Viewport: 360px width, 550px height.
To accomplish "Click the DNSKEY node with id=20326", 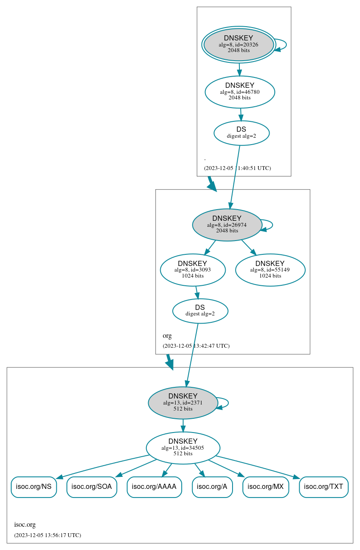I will click(x=239, y=45).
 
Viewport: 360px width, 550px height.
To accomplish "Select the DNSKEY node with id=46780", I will click(x=239, y=92).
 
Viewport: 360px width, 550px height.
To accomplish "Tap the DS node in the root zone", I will click(x=241, y=133).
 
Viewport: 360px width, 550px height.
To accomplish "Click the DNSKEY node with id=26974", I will click(x=227, y=225).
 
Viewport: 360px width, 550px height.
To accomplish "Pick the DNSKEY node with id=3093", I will click(x=192, y=270).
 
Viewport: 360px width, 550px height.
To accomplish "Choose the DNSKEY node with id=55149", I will click(x=270, y=270).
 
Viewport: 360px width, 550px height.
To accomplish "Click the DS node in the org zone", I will click(x=200, y=311).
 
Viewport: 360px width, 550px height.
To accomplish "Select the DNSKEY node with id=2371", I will click(x=183, y=403).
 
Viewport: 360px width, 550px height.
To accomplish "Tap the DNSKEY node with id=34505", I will click(x=183, y=448).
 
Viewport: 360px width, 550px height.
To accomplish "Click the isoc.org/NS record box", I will click(x=34, y=487).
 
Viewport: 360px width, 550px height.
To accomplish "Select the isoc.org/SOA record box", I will click(x=91, y=487).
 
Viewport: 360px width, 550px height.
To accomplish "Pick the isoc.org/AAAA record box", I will click(x=154, y=487).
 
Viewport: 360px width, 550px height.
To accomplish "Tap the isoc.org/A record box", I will click(x=212, y=487).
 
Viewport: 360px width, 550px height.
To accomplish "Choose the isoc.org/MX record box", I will click(x=265, y=487).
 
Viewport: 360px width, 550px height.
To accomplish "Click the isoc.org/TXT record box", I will click(x=323, y=487).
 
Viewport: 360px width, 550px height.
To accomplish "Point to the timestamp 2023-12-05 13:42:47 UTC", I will click(x=196, y=346).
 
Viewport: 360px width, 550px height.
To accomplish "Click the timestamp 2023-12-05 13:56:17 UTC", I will click(x=47, y=535).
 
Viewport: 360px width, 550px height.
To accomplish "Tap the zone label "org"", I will click(x=167, y=336).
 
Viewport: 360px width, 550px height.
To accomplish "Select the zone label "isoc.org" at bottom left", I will click(x=25, y=525).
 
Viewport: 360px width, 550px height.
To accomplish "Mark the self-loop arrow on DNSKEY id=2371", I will click(x=227, y=402).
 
